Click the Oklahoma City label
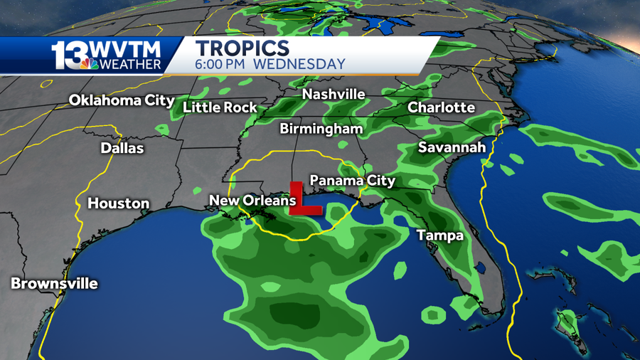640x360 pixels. [x=121, y=101]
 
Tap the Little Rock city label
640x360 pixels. [x=220, y=107]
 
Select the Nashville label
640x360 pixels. [x=334, y=95]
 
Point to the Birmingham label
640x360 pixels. [x=321, y=129]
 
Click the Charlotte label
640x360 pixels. [x=441, y=107]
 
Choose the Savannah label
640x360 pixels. [x=452, y=148]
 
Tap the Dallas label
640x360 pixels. [x=122, y=149]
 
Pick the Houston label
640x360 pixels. [x=118, y=203]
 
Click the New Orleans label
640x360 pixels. [x=252, y=201]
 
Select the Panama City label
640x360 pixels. [x=352, y=181]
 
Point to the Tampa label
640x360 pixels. [x=439, y=235]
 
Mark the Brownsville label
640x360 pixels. [x=54, y=283]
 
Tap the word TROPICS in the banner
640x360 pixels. [x=242, y=48]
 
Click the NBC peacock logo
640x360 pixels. [x=89, y=65]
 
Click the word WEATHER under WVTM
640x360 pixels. [x=130, y=65]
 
